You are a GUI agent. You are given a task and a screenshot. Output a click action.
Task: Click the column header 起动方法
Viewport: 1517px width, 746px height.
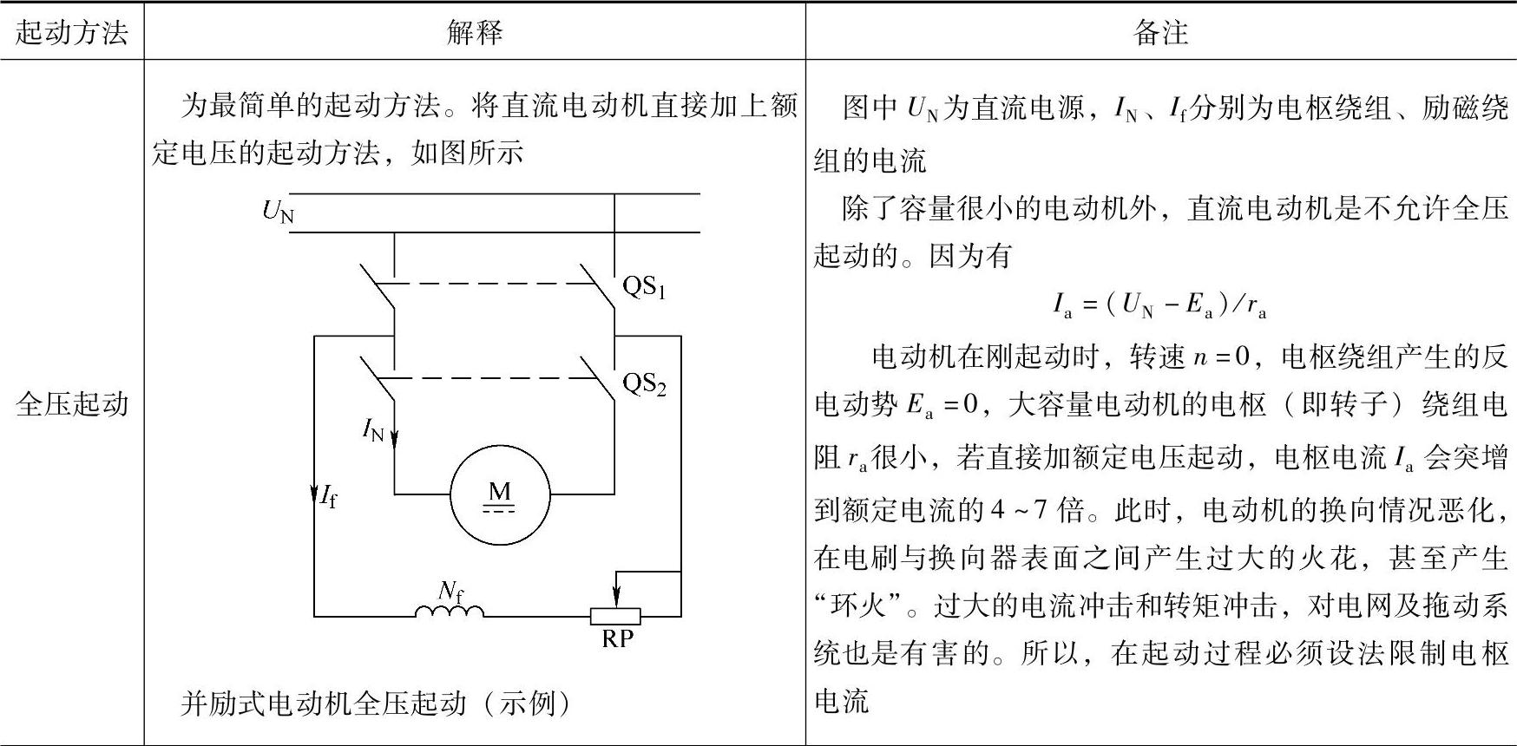72,32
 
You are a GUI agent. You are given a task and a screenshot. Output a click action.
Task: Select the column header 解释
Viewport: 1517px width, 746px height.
475,32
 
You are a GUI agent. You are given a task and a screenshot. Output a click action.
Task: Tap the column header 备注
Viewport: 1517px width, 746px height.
1160,32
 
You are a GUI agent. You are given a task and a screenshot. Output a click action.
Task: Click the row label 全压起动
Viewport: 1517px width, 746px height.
72,404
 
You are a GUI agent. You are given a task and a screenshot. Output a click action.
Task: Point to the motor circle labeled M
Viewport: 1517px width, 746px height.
500,495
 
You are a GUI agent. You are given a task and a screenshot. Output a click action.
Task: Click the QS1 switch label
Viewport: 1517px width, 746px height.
644,286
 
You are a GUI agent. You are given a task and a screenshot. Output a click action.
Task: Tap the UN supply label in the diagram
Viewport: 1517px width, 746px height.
278,211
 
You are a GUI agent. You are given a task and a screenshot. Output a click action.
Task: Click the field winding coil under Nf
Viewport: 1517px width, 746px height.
450,612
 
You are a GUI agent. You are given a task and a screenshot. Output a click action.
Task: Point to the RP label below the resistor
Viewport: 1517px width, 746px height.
617,639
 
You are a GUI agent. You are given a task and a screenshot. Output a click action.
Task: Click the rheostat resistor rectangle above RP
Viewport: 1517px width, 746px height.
615,617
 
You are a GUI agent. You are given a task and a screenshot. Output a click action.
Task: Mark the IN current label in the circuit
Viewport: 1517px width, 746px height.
373,429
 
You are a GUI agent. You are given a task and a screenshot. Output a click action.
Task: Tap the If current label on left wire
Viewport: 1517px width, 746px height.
328,497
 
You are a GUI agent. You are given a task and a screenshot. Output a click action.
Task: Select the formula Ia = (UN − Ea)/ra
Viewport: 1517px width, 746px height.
1159,304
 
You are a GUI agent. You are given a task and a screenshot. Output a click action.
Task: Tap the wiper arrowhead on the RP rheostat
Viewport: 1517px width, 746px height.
616,599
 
